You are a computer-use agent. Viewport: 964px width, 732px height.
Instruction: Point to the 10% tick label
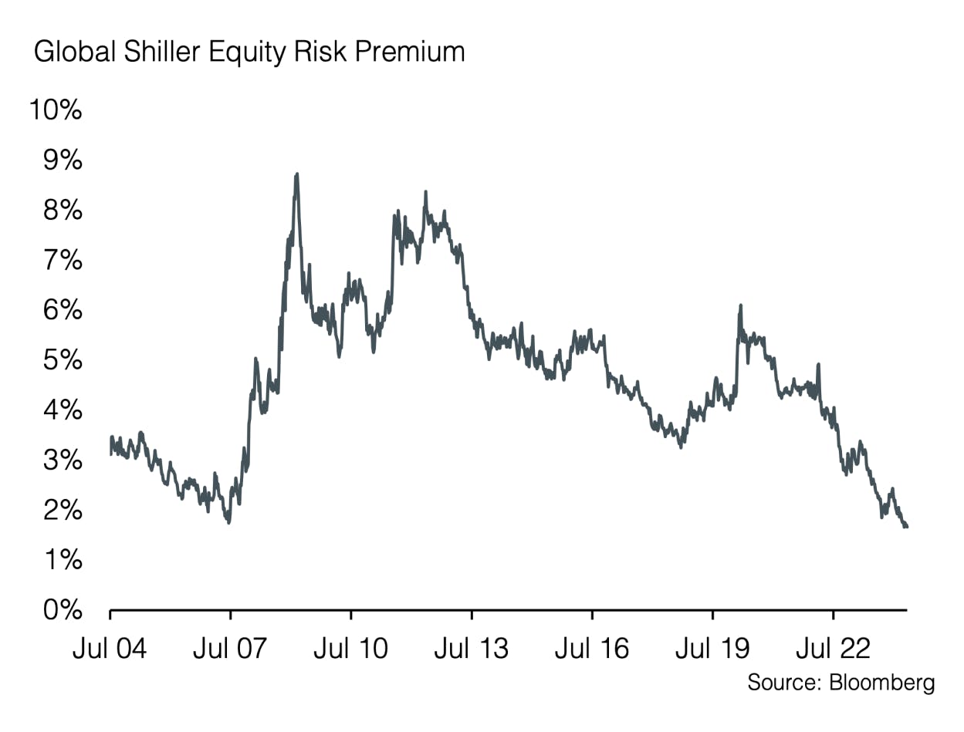[x=55, y=110]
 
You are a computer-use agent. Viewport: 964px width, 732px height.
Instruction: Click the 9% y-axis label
[x=61, y=160]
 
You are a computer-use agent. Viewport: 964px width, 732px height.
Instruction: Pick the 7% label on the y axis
[x=61, y=261]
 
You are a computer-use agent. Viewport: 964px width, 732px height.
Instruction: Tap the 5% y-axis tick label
[x=61, y=360]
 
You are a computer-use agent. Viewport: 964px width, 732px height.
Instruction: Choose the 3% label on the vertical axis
[x=61, y=460]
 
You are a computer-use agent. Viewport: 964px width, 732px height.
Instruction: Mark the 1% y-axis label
[x=61, y=560]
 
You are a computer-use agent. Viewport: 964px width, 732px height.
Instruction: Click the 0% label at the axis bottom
[x=61, y=610]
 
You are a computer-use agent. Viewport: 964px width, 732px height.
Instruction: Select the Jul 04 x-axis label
[x=110, y=647]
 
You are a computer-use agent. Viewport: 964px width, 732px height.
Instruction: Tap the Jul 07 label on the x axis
[x=230, y=647]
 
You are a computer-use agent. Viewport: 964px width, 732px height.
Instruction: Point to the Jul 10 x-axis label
[x=350, y=647]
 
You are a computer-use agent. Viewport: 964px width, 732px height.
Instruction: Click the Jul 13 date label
[x=471, y=647]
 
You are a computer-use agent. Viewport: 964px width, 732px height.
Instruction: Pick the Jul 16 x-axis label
[x=591, y=647]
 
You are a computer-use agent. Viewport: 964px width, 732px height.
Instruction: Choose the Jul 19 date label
[x=712, y=647]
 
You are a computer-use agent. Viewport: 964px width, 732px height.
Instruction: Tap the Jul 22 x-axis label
[x=832, y=647]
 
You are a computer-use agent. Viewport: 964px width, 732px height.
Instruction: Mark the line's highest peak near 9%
[x=297, y=175]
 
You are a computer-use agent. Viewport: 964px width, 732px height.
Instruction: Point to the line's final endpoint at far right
[x=906, y=527]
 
